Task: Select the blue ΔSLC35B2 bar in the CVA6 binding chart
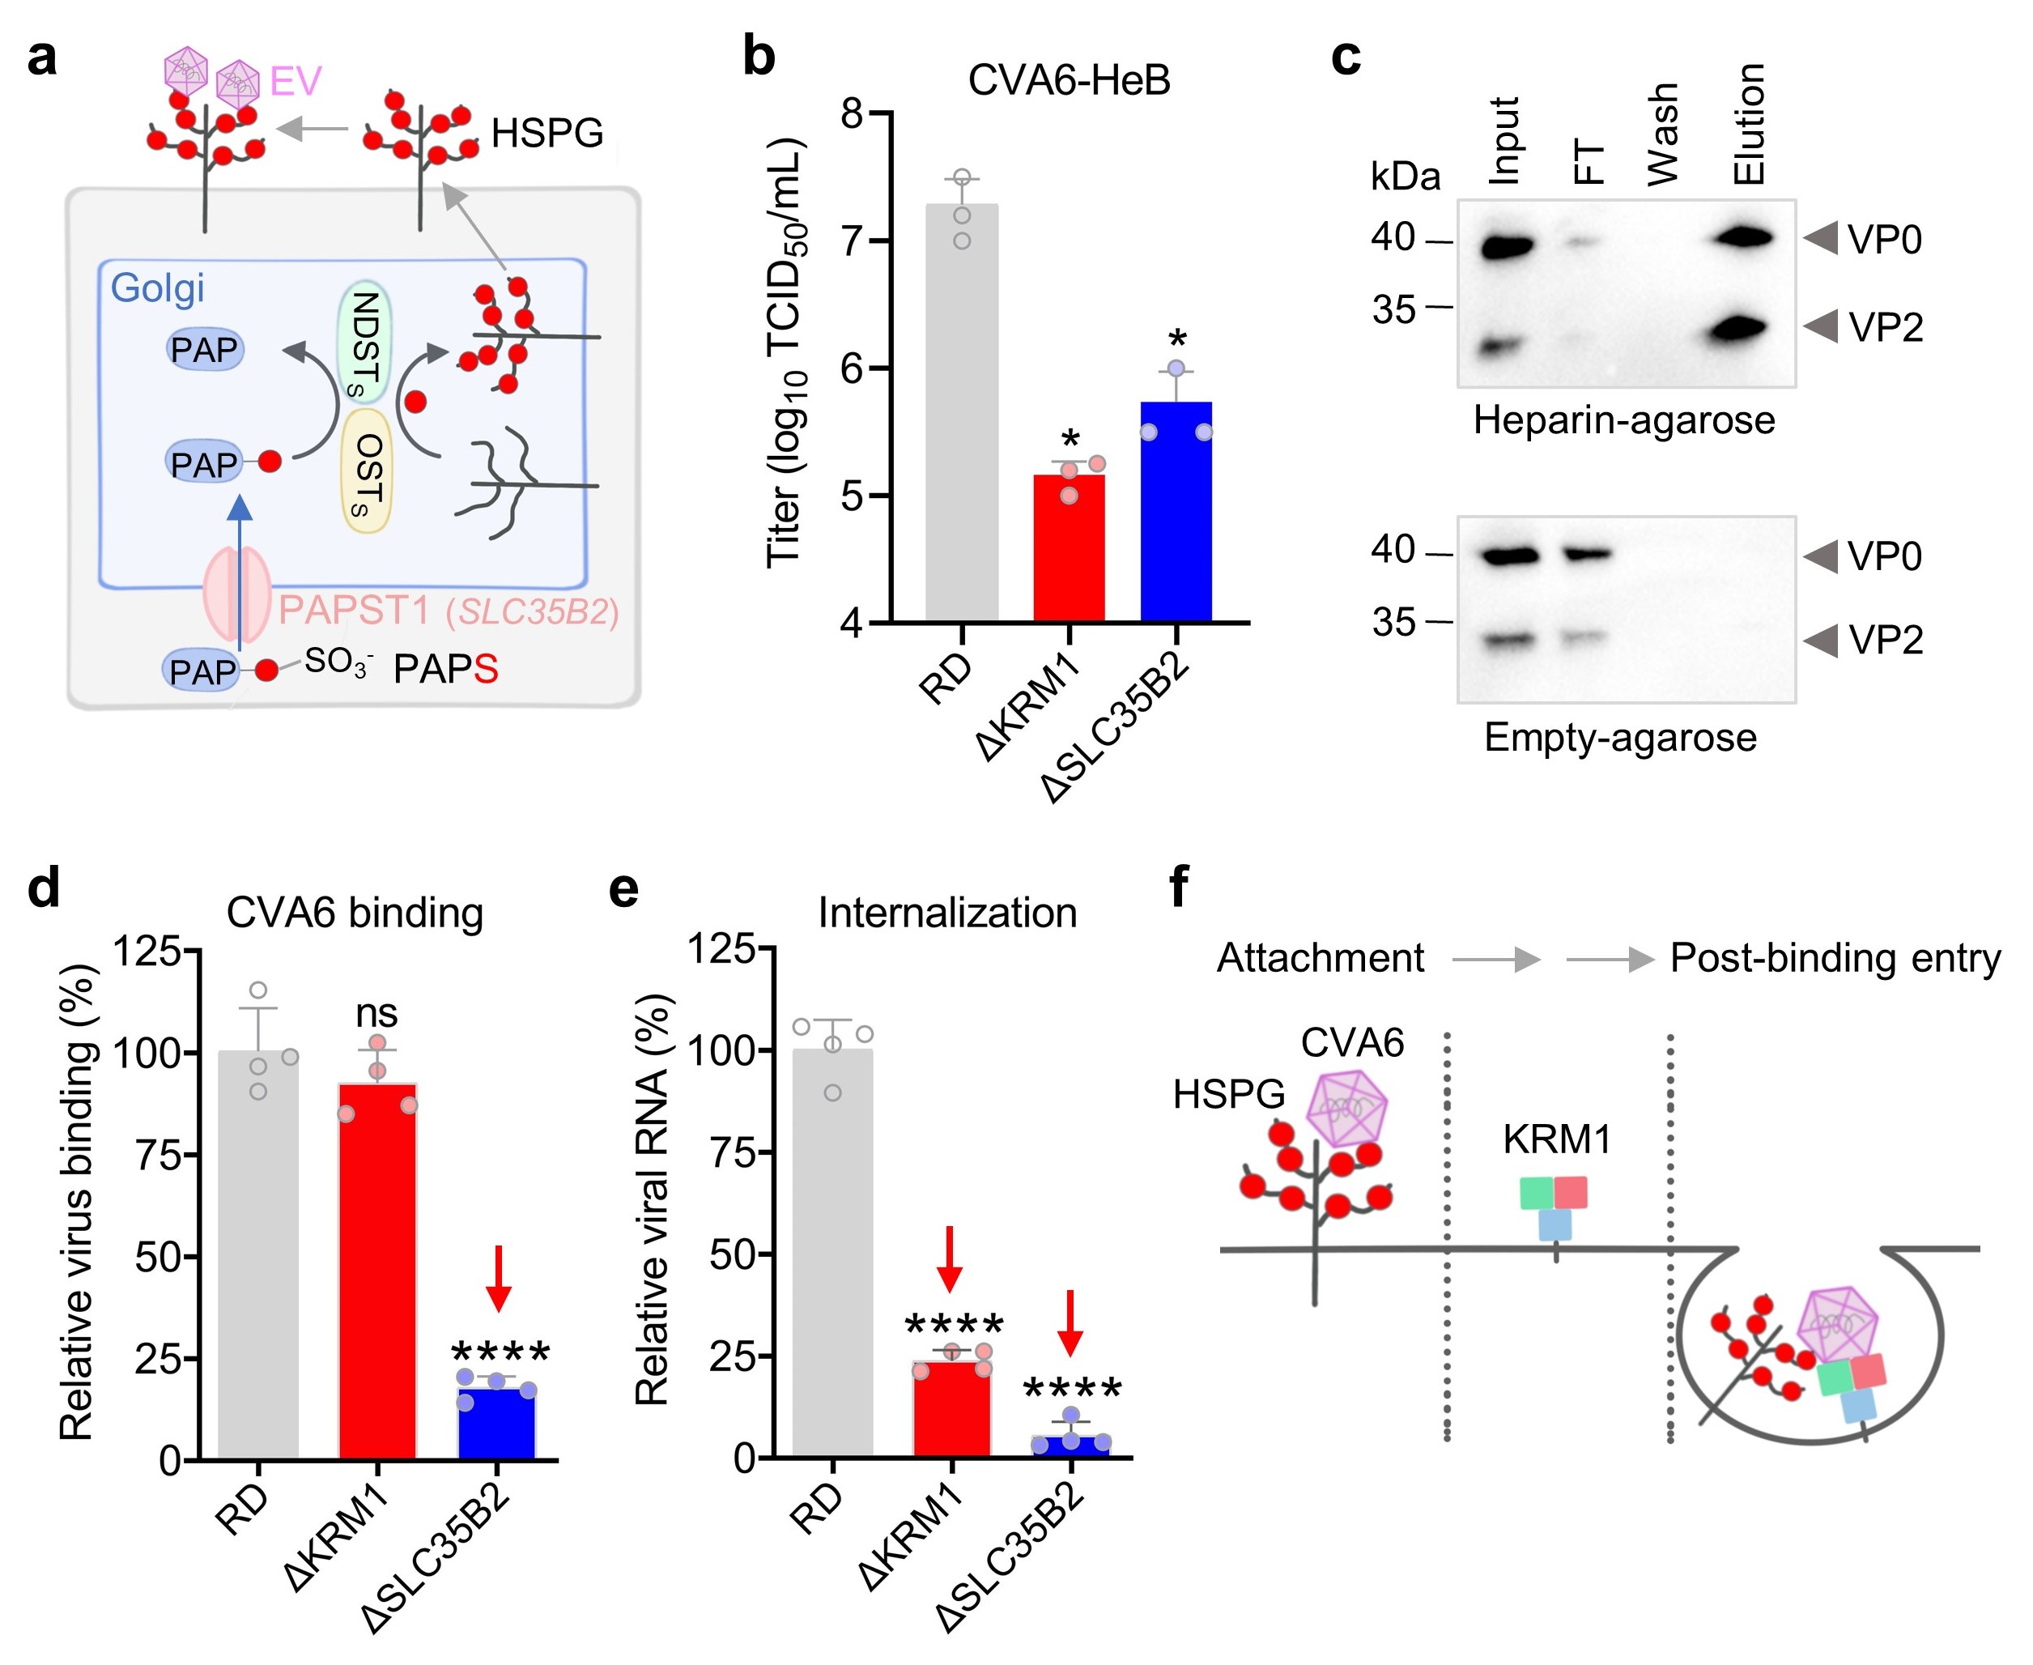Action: click(x=497, y=1424)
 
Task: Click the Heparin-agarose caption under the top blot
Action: click(x=1623, y=420)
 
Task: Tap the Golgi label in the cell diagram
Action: click(x=157, y=287)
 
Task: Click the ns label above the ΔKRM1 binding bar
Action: click(x=376, y=1013)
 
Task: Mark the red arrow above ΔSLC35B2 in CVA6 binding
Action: click(x=498, y=1278)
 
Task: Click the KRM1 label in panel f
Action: click(x=1556, y=1139)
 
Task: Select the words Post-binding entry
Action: click(x=1835, y=958)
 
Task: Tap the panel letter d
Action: click(x=44, y=888)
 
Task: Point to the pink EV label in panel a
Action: click(x=296, y=82)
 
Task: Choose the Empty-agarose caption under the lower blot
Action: click(x=1620, y=737)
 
